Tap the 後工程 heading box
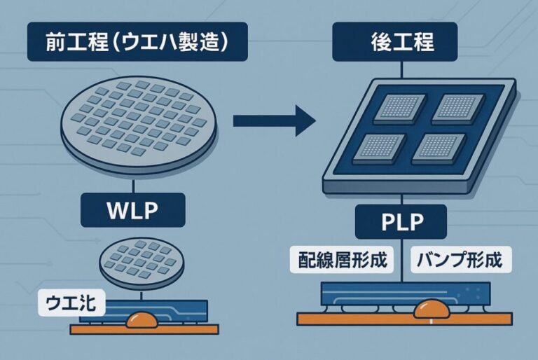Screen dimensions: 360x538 coord(401,41)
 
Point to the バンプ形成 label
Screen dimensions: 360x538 coord(459,261)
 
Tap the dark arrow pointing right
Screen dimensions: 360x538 coord(273,120)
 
